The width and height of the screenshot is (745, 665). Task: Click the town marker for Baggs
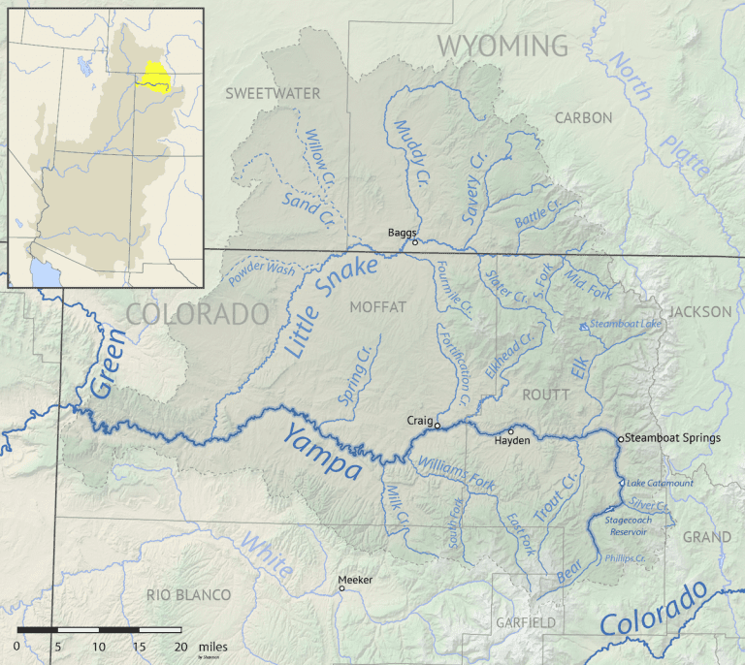click(415, 242)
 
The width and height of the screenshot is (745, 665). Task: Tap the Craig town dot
click(437, 425)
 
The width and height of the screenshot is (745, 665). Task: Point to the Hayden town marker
click(511, 431)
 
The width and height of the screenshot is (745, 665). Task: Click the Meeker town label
click(354, 580)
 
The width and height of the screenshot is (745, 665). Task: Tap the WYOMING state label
click(502, 45)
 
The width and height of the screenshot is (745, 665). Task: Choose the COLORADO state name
click(197, 314)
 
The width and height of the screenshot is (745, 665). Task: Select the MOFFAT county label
click(378, 307)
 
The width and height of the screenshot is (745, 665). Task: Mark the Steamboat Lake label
click(626, 323)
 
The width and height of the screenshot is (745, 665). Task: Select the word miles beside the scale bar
click(211, 646)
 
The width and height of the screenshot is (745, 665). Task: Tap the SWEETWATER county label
click(272, 93)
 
